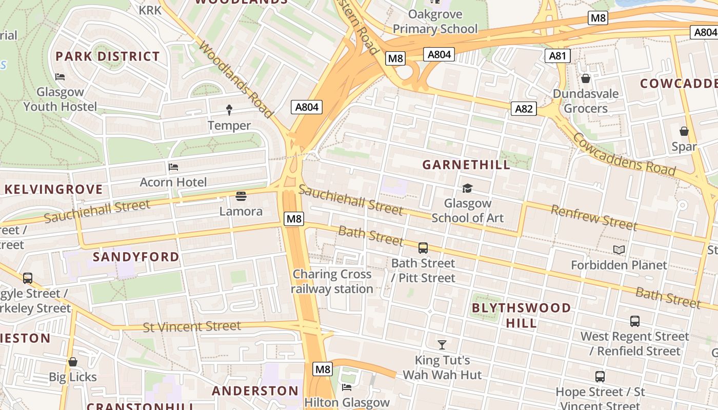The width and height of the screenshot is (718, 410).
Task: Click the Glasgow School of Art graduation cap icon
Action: tap(467, 189)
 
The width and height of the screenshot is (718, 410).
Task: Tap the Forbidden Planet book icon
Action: tap(619, 250)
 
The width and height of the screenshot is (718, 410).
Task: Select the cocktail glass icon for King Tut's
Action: tap(442, 344)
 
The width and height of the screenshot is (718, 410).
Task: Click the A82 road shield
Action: tap(524, 108)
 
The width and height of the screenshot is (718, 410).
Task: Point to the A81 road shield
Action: tap(557, 55)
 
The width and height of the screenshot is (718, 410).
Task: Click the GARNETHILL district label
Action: tap(466, 165)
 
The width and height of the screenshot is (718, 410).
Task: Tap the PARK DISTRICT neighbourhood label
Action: tap(108, 56)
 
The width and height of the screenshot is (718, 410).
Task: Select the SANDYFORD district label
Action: tap(136, 257)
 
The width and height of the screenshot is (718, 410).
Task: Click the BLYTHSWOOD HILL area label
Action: tap(521, 315)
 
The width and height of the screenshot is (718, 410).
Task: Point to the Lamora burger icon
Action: tap(241, 196)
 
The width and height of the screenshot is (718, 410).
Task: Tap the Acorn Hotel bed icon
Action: tap(173, 167)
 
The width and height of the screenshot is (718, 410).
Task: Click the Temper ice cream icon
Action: tap(229, 110)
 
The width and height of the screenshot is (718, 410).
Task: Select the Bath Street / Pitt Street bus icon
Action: tap(423, 248)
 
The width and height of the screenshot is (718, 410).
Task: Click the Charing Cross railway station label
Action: tap(332, 281)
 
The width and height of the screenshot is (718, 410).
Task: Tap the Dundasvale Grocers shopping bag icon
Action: tap(585, 78)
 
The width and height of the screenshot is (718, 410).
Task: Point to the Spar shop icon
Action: tap(684, 132)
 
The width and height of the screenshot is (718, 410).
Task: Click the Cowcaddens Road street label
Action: tap(624, 154)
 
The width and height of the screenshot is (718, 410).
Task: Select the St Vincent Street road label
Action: tap(192, 326)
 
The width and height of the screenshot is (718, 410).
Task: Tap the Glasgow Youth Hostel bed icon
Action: tap(60, 77)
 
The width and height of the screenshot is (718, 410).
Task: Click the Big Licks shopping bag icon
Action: tap(73, 362)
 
